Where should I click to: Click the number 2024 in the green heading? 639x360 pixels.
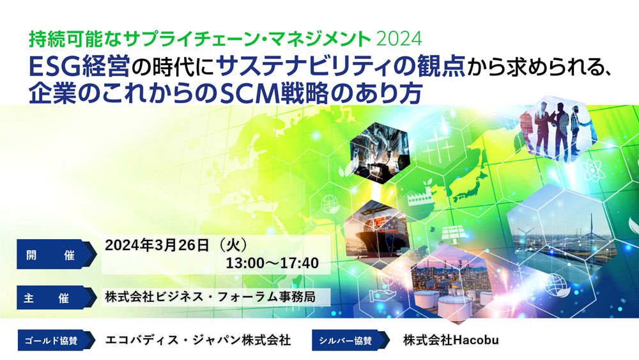(x=399, y=39)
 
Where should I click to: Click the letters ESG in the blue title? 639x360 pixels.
(x=54, y=67)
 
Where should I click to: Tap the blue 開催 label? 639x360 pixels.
(x=57, y=254)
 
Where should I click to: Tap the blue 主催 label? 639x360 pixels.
(x=57, y=297)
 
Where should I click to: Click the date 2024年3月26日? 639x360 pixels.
(x=157, y=245)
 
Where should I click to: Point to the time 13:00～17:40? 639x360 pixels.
(x=272, y=263)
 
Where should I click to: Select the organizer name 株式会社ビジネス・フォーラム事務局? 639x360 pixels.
(x=210, y=297)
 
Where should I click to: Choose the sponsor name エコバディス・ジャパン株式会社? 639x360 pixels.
(x=198, y=340)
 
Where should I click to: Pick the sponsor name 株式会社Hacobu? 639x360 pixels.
(x=450, y=340)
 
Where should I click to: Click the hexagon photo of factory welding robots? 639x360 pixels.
(x=380, y=152)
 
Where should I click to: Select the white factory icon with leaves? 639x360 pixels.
(x=420, y=194)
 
